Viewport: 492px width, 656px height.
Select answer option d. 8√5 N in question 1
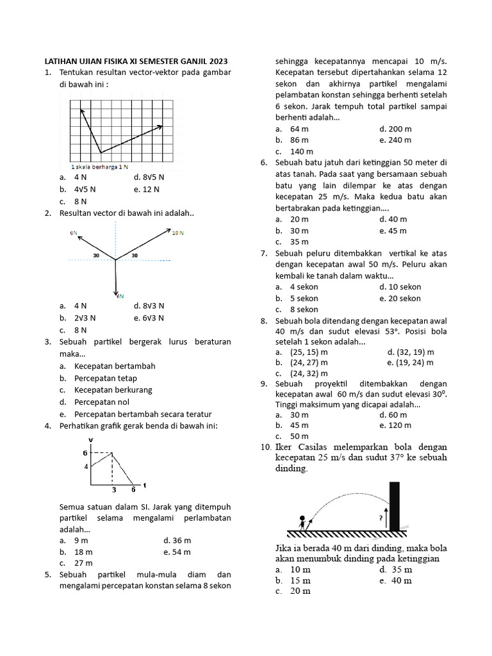(x=149, y=177)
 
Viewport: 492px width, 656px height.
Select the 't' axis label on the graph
(x=144, y=485)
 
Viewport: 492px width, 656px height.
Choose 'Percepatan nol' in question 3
(x=101, y=402)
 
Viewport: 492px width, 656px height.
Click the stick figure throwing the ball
(x=302, y=521)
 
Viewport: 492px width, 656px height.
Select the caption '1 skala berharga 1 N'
(x=100, y=166)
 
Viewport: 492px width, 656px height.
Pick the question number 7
(x=264, y=253)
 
